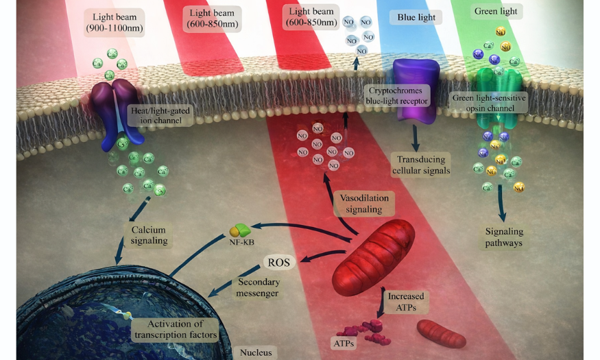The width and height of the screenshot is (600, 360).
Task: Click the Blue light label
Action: click(416, 17)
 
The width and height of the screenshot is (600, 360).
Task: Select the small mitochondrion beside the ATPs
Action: click(442, 333)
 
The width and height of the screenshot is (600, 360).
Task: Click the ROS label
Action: click(278, 262)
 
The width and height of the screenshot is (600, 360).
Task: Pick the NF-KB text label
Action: click(235, 241)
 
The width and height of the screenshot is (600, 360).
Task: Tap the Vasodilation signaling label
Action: click(363, 203)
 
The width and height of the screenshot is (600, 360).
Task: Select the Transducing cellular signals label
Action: click(421, 165)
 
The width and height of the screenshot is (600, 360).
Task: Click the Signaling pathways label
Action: click(503, 237)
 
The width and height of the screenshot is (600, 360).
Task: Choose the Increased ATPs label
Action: click(405, 302)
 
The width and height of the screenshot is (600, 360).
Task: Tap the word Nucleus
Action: click(256, 353)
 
